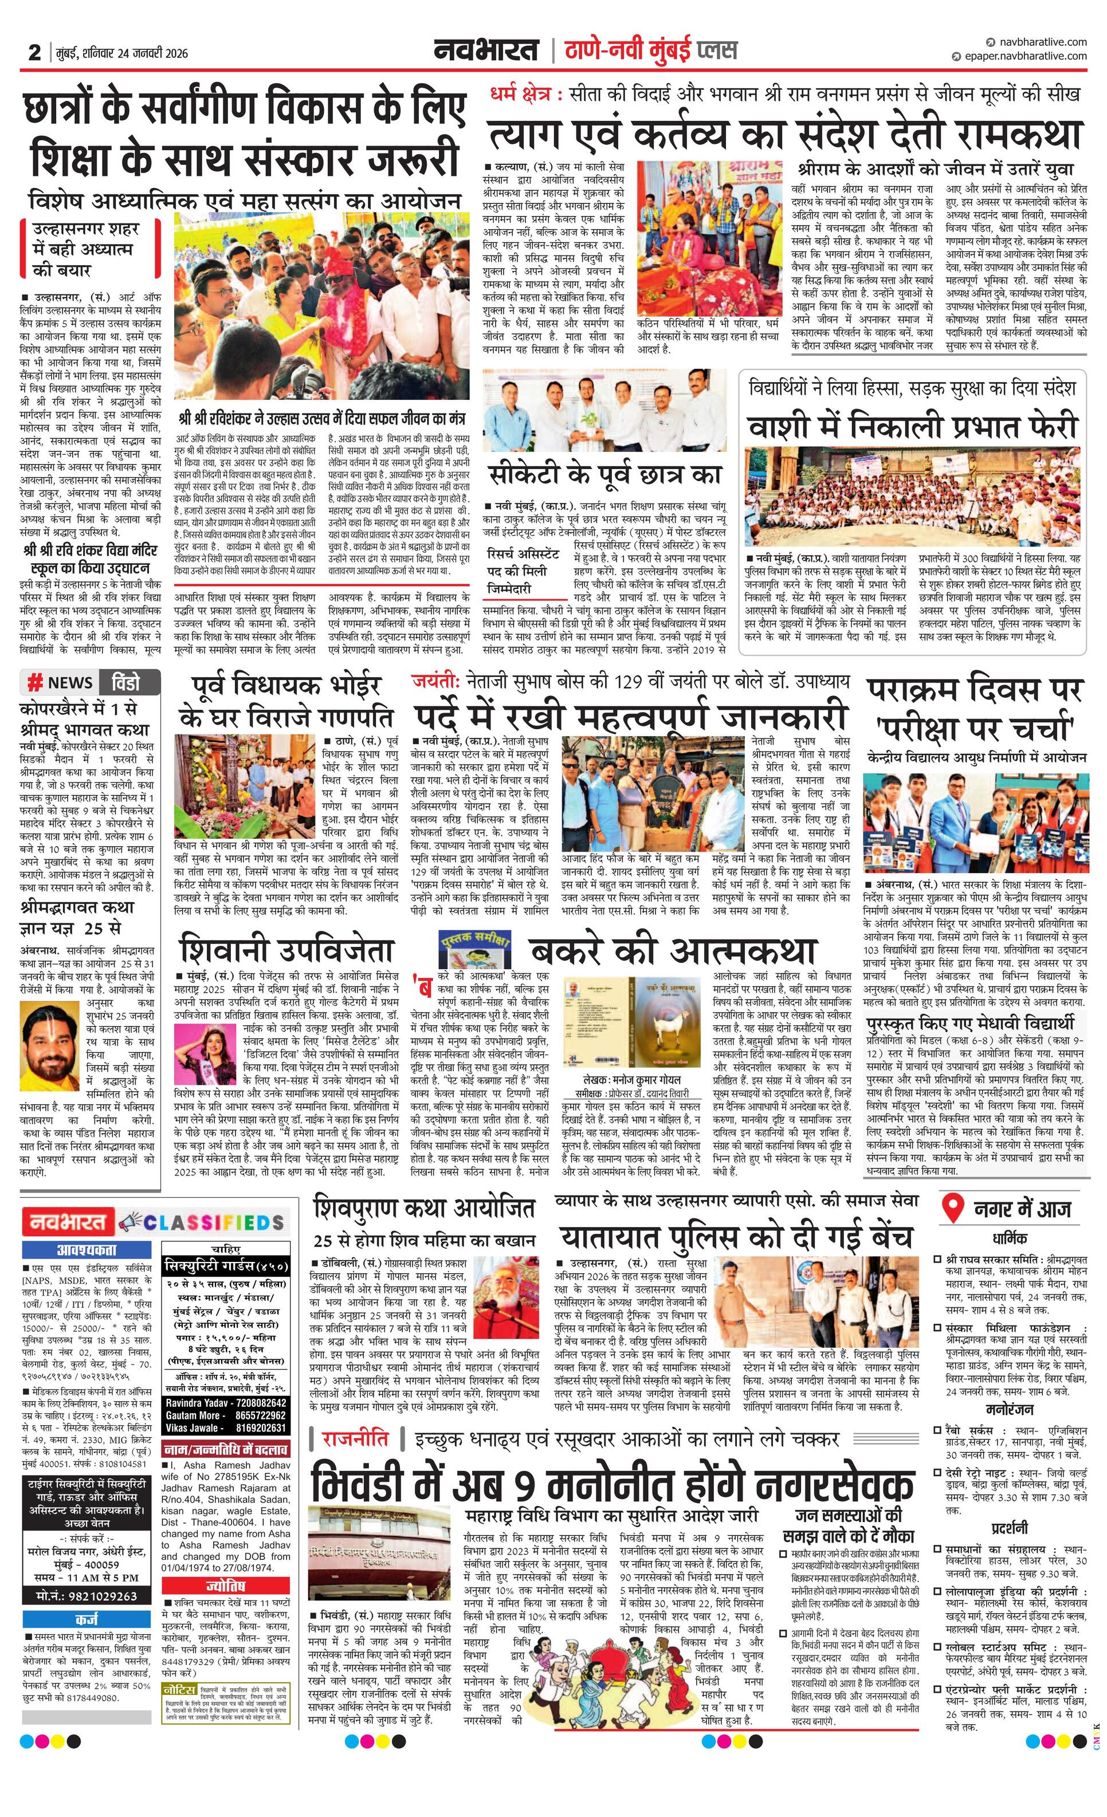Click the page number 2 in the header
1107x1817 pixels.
(x=34, y=52)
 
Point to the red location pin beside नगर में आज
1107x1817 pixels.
(x=953, y=1209)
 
